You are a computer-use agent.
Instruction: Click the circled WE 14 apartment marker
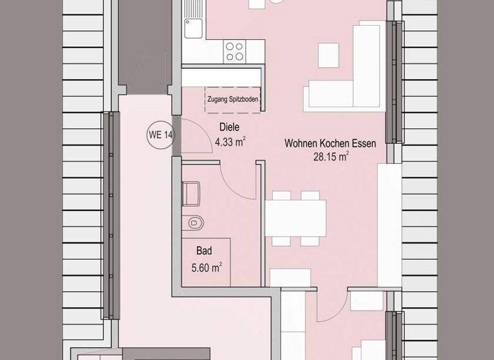click(x=160, y=135)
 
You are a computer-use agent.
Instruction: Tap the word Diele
click(x=230, y=127)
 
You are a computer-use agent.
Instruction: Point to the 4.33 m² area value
click(x=230, y=141)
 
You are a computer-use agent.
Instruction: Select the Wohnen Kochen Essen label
click(x=330, y=145)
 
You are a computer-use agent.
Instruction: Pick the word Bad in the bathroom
click(x=205, y=251)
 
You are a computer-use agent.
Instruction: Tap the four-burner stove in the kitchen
click(x=234, y=51)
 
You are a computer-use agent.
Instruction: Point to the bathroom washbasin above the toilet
click(x=191, y=192)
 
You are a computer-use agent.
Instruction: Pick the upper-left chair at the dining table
click(x=280, y=195)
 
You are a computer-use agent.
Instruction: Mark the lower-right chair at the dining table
click(x=309, y=240)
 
